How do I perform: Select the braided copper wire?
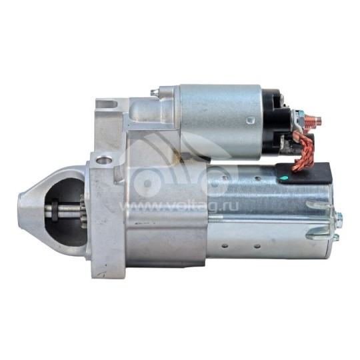(303, 151)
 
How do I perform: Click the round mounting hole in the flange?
(104, 159)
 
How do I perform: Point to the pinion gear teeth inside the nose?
(83, 211)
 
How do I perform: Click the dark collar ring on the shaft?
(55, 209)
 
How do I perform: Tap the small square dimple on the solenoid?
(250, 119)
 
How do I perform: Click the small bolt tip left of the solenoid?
(154, 92)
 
